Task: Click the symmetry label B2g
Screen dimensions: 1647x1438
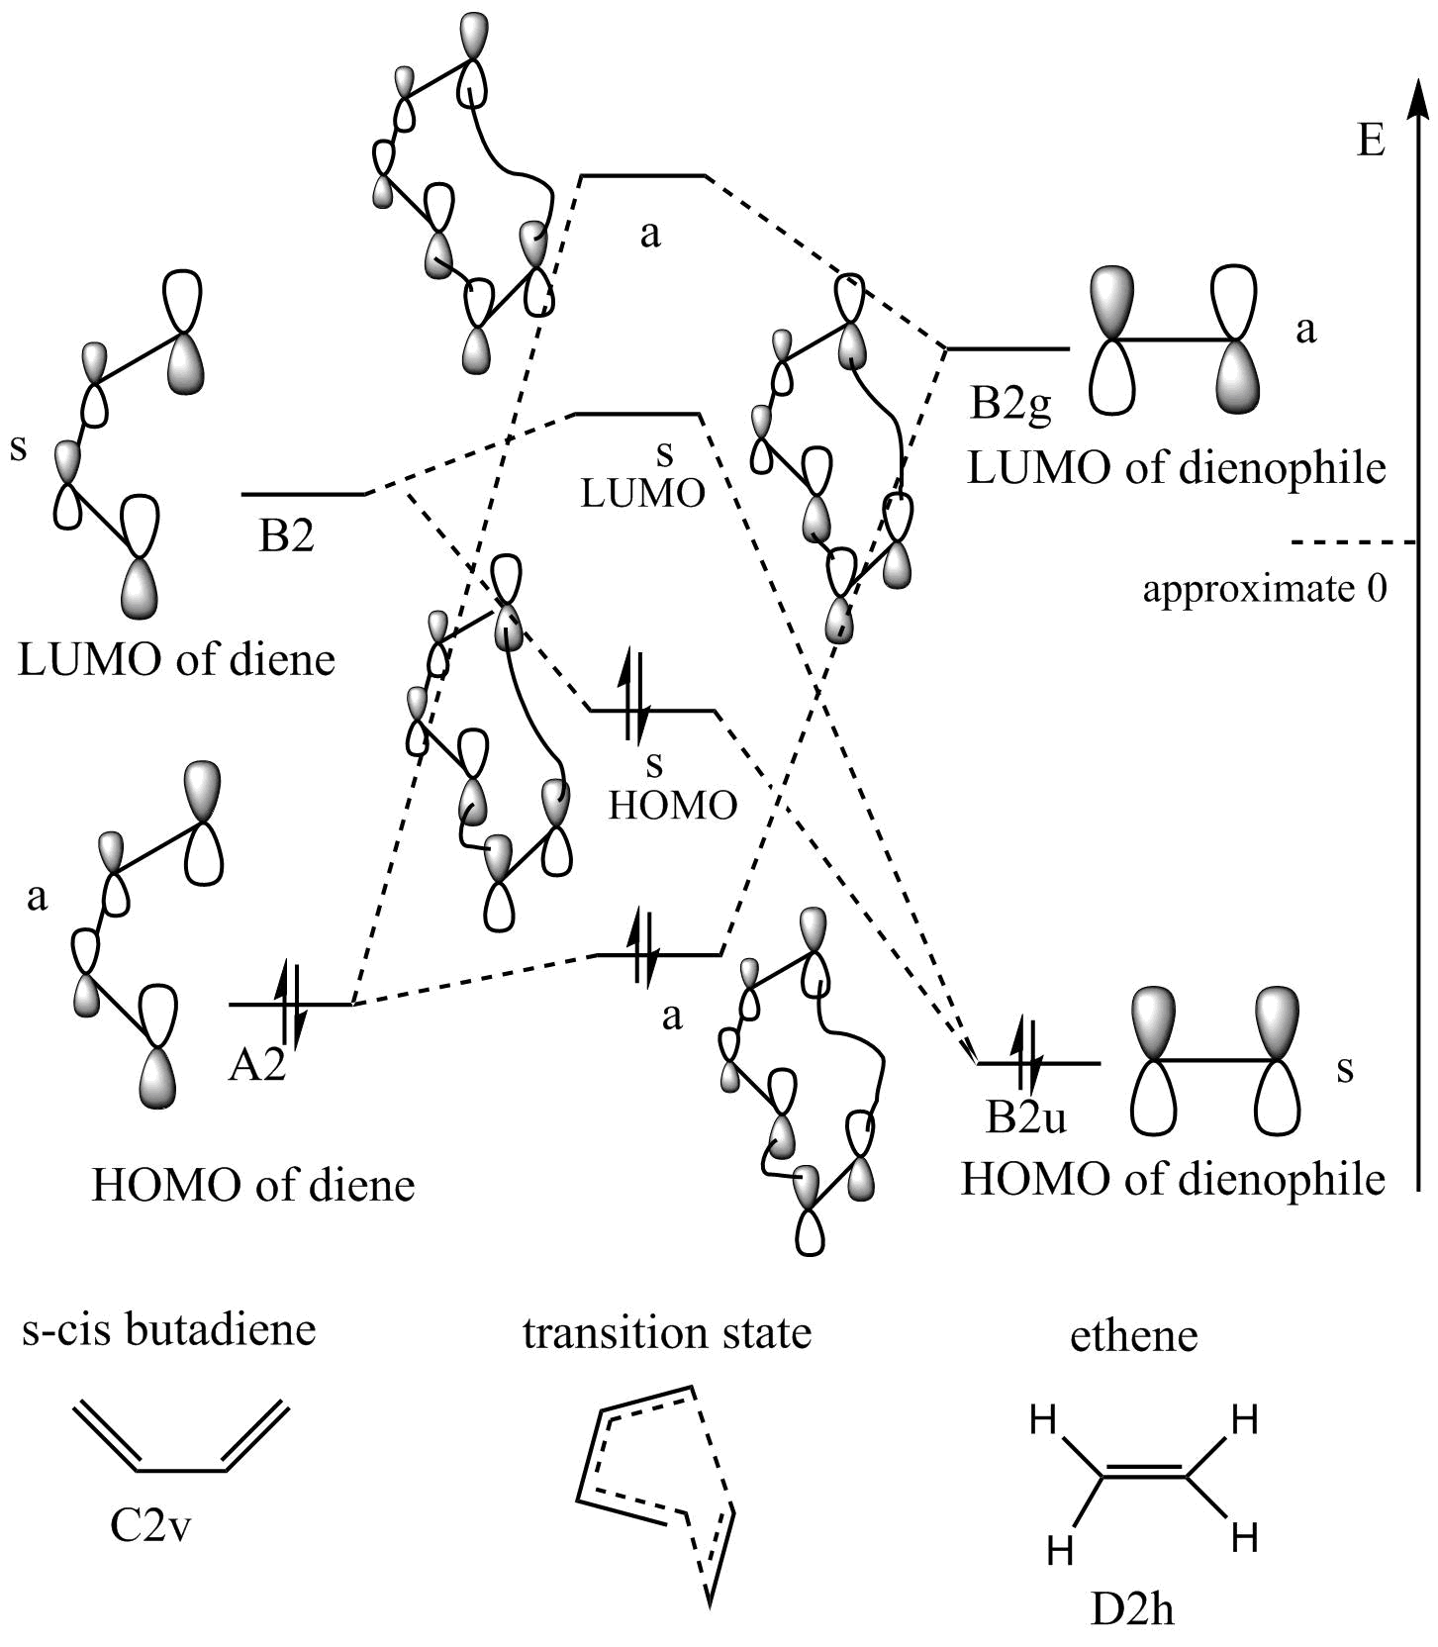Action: tap(1009, 405)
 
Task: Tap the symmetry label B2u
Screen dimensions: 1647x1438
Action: tap(1026, 1117)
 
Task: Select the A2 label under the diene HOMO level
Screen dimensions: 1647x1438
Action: tap(257, 1066)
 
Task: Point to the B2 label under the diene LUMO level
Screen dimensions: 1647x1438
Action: tap(286, 535)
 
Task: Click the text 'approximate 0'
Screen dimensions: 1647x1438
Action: tap(1265, 589)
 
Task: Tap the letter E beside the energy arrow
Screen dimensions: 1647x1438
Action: tap(1370, 142)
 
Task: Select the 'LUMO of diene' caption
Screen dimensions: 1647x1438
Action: tap(176, 659)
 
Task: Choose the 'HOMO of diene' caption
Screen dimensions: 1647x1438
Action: tap(252, 1185)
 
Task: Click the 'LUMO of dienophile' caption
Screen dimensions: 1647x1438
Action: tap(1176, 467)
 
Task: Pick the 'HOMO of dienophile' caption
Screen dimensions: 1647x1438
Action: tap(1173, 1179)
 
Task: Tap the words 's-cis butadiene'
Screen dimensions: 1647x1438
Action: tap(168, 1329)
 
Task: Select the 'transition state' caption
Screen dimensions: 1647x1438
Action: tap(666, 1332)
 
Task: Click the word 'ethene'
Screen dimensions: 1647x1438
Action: tap(1133, 1336)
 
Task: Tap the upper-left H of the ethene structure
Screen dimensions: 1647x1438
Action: tap(1043, 1421)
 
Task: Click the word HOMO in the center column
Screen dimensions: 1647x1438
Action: tap(672, 806)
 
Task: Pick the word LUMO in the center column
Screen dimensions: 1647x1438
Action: tap(642, 493)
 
